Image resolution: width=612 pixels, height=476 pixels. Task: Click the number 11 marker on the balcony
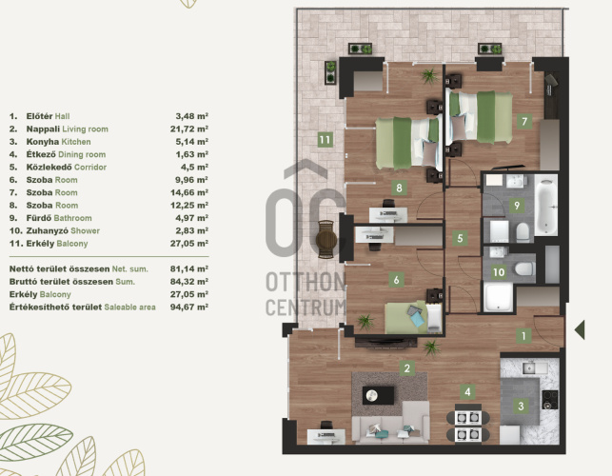click(325, 140)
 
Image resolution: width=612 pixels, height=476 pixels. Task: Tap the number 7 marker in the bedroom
click(524, 122)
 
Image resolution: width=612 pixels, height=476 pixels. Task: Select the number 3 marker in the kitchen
click(521, 407)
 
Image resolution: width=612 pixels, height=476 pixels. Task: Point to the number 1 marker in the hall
click(523, 336)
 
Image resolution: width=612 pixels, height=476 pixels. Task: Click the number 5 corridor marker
click(460, 238)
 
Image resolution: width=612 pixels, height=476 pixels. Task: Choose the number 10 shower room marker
click(499, 271)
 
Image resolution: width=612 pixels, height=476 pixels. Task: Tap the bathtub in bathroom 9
click(546, 205)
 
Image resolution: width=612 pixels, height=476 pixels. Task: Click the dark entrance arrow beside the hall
click(580, 330)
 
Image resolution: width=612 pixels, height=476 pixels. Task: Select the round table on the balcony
click(326, 239)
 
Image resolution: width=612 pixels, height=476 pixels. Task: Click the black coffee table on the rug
click(378, 396)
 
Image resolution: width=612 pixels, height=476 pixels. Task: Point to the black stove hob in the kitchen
click(550, 400)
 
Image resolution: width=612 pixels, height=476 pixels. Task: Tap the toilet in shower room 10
click(523, 268)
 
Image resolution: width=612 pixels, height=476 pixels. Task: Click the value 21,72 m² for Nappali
click(188, 129)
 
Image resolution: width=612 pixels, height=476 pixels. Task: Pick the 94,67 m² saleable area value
click(188, 307)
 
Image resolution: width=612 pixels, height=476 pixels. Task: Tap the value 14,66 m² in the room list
click(188, 192)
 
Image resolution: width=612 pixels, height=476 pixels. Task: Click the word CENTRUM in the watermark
click(306, 307)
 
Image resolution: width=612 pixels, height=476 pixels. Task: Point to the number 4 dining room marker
click(467, 391)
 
